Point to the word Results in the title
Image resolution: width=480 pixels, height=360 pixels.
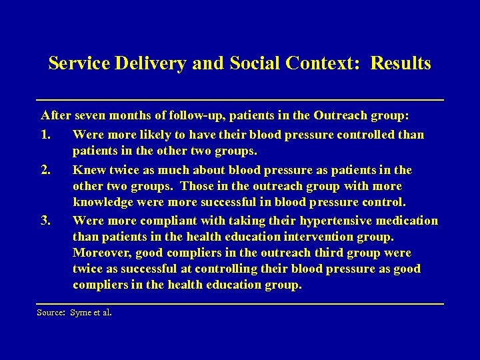click(401, 64)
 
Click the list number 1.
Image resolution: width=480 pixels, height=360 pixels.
click(45, 135)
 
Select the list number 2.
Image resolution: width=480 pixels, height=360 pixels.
click(45, 169)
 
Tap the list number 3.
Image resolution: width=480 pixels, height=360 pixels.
click(45, 221)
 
